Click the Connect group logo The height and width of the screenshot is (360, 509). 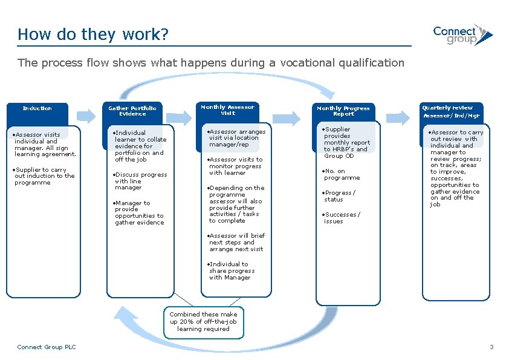coord(462,35)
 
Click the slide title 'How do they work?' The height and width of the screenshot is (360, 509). coord(92,34)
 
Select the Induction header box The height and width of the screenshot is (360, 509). coord(37,109)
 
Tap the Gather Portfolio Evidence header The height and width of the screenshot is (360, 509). coord(132,111)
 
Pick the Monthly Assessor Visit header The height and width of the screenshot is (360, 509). coord(228,110)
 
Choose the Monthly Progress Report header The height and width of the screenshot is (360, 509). coord(343,111)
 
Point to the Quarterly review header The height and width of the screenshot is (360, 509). coord(451,111)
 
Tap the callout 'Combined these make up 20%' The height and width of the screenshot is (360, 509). coord(203,322)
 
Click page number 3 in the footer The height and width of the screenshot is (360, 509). coord(491,347)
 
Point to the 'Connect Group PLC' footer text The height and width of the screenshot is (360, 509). coord(47,347)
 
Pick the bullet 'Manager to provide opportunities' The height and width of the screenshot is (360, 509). coord(139,213)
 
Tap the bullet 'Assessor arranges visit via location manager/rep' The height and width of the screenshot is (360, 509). coord(236,138)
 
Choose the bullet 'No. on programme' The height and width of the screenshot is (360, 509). coord(342,175)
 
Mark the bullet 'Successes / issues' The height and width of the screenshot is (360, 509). coord(342,218)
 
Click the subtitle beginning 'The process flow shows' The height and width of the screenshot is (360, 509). coord(210,63)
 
